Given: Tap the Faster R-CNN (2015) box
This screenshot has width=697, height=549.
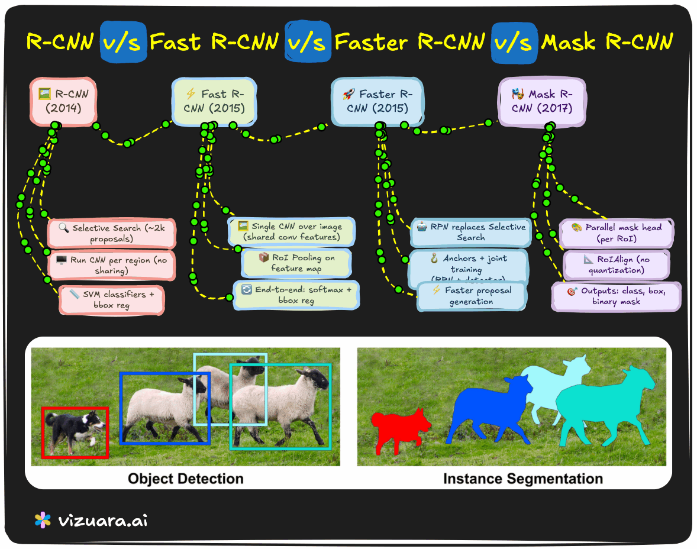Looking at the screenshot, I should click(377, 101).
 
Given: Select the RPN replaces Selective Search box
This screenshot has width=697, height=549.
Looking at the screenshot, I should click(471, 232).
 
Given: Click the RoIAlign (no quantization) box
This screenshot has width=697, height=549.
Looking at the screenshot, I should click(616, 264).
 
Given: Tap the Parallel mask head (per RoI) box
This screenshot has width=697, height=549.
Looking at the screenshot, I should click(616, 233).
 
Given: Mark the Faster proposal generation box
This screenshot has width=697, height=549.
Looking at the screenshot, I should click(471, 296).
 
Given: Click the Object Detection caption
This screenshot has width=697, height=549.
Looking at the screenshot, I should click(185, 479).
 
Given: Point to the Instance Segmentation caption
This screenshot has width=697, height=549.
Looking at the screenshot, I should click(523, 479).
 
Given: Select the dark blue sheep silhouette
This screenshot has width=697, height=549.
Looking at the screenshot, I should click(485, 411).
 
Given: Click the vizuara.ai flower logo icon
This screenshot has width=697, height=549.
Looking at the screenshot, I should click(43, 521).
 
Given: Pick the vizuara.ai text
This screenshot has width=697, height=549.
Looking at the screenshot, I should click(103, 521).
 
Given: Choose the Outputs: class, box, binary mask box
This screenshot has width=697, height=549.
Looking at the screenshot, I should click(616, 296).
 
